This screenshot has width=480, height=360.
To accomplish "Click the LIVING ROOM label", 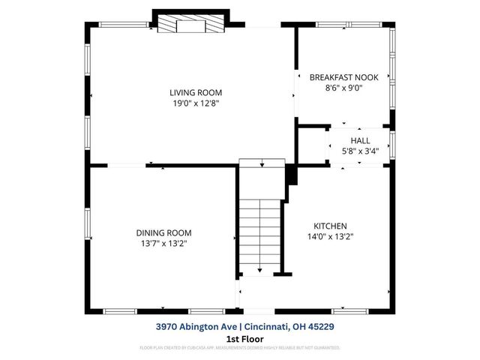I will pos(195,92).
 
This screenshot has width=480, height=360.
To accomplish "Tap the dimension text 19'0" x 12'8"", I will pos(195,103).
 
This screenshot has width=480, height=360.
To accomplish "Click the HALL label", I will pos(360,140).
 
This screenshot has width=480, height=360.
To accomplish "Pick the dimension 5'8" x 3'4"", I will pos(360,151).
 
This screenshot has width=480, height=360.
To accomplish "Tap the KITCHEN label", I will pos(330,225).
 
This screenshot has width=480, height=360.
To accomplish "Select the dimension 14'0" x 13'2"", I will pos(330,236).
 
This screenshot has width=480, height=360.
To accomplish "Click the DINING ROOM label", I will pos(163,232).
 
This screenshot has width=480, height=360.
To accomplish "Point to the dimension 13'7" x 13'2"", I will pos(163,244).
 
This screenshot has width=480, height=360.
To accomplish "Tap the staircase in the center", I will pos(259,225).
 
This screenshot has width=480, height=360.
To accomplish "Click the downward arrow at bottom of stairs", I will pos(259,268).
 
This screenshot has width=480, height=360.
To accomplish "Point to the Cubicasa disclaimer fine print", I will pos(240,348).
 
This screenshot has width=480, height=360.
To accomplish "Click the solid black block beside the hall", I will pos(291,174).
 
